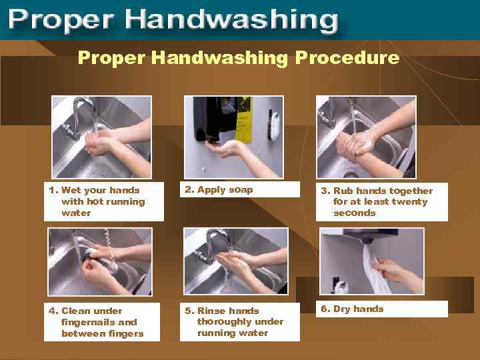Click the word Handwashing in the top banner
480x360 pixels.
[x=231, y=19]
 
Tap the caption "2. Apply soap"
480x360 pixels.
[x=219, y=190]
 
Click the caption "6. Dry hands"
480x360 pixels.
[x=352, y=309]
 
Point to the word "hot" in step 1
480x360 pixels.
[x=94, y=201]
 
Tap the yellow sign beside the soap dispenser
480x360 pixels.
[x=244, y=120]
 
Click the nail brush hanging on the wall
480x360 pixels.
[x=274, y=125]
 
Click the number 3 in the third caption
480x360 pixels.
[x=325, y=191]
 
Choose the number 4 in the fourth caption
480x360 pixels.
[x=53, y=311]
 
